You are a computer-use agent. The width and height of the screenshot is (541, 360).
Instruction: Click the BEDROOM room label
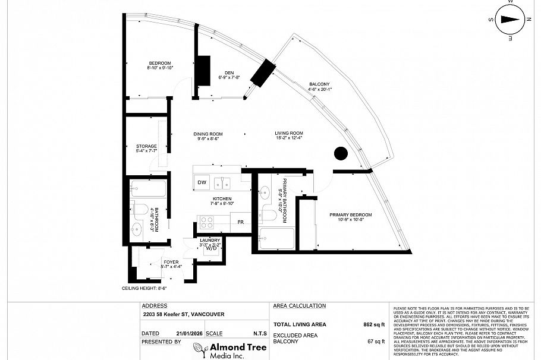tap(159, 64)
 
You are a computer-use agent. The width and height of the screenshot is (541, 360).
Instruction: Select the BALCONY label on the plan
tap(319, 84)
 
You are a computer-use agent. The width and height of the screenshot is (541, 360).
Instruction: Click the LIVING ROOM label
tap(289, 133)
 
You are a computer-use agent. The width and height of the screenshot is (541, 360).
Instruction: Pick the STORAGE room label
tap(146, 146)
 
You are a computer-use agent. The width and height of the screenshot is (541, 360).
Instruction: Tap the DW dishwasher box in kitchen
tap(202, 182)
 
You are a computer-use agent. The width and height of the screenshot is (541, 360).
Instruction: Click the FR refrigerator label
tap(241, 222)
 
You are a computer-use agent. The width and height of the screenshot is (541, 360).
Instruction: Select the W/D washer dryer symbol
tap(211, 248)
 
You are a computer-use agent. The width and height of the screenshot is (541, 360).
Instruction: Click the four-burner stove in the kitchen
tap(206, 222)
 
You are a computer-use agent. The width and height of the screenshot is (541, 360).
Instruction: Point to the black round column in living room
tap(340, 153)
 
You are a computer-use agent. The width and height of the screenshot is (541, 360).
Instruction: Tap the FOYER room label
tap(171, 262)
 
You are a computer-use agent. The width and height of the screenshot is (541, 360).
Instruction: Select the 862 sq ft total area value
tap(374, 325)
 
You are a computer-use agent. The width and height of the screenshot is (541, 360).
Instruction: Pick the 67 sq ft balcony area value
tap(376, 342)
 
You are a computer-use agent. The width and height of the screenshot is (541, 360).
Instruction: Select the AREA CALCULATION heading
tap(299, 306)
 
